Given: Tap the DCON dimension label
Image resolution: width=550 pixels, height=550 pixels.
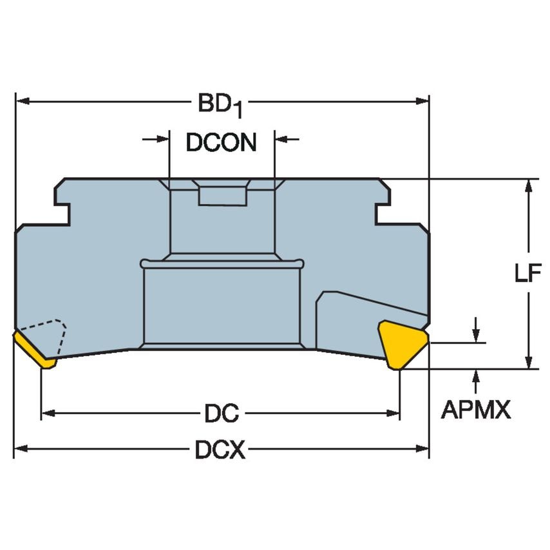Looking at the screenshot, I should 221,142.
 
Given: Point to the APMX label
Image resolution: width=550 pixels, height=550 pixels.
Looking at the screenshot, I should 475,409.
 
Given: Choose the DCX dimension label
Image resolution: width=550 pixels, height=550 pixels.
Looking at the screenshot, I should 220,451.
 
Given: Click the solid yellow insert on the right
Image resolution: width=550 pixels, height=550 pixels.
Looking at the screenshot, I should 401,342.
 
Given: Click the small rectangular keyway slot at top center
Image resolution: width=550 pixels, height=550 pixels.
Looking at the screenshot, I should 222,195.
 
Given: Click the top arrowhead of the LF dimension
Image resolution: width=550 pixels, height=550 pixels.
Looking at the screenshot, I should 529,185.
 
